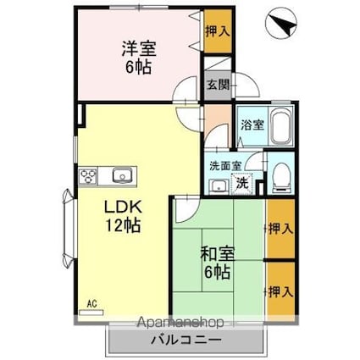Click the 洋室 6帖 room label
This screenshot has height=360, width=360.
tap(139, 58)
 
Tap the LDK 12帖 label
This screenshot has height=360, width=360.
tap(123, 216)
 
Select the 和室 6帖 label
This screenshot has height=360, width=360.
tap(217, 263)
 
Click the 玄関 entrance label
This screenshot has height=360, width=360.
tap(218, 85)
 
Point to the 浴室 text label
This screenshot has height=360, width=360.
tap(252, 125)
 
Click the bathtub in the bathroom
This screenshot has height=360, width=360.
tap(281, 127)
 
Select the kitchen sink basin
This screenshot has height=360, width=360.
tap(122, 176)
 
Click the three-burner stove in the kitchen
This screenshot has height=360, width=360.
tap(88, 176)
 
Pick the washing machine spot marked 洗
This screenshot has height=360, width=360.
tap(242, 184)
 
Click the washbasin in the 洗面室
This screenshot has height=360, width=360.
tap(219, 186)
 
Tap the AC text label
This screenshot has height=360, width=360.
tap(92, 304)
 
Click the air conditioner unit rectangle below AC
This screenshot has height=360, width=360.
tap(91, 313)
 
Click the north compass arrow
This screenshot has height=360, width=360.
tap(283, 24)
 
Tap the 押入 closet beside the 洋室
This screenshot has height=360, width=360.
tap(218, 31)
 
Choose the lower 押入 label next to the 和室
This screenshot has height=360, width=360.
tap(280, 291)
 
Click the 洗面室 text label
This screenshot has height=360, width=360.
tap(225, 165)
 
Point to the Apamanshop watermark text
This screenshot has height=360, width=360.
tap(180, 323)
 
